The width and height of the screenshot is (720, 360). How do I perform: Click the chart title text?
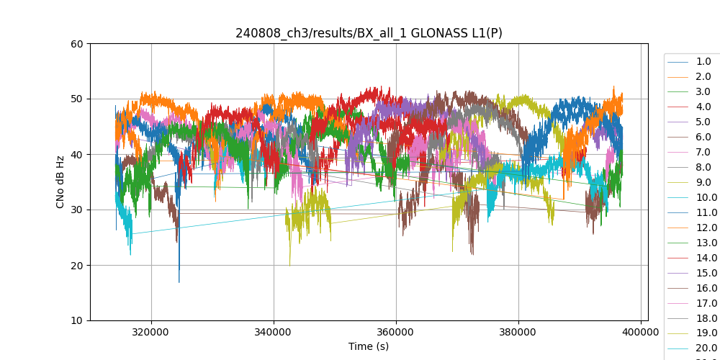tap(369, 33)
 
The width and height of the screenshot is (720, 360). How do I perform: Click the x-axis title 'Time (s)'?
tap(369, 346)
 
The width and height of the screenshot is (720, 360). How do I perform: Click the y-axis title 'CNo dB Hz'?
tap(61, 182)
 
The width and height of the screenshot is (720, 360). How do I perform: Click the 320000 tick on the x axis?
tap(151, 332)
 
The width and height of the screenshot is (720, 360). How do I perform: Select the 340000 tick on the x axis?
tap(274, 332)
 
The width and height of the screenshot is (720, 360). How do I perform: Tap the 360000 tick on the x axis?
tap(396, 332)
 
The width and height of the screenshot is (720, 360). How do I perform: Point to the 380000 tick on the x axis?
tap(518, 332)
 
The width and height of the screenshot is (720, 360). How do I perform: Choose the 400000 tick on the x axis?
tap(641, 332)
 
